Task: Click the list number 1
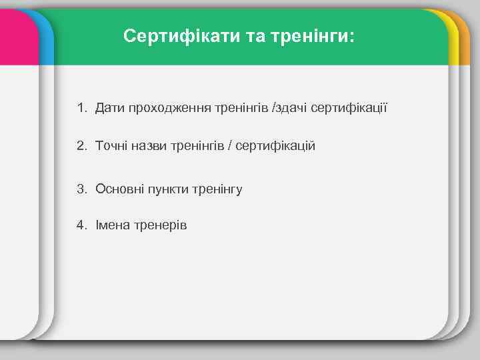point(81,107)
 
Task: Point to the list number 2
point(81,145)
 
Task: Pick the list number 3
point(81,189)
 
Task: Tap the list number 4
point(81,225)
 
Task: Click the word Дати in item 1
point(108,107)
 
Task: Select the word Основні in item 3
point(118,189)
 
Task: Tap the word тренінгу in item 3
point(217,189)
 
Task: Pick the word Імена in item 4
point(111,225)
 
